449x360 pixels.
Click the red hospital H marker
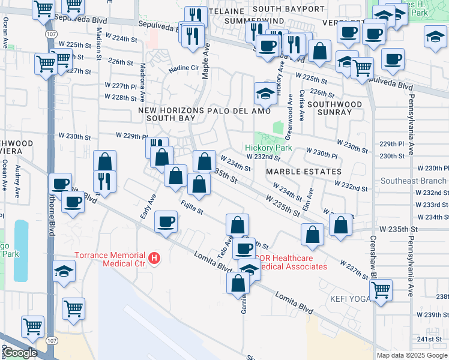coord(155,259)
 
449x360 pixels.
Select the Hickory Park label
coord(268,148)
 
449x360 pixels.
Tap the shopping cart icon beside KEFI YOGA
coord(381,290)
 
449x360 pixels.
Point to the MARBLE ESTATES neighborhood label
coord(295,172)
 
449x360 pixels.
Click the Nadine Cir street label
coord(182,68)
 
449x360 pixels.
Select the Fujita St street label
coord(192,209)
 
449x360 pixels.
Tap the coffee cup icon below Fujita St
coord(166,222)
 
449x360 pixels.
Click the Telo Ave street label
coord(229,241)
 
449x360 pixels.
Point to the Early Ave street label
coord(148,206)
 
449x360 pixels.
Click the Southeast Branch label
coord(414,181)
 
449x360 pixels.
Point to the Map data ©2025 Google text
coord(411,355)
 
